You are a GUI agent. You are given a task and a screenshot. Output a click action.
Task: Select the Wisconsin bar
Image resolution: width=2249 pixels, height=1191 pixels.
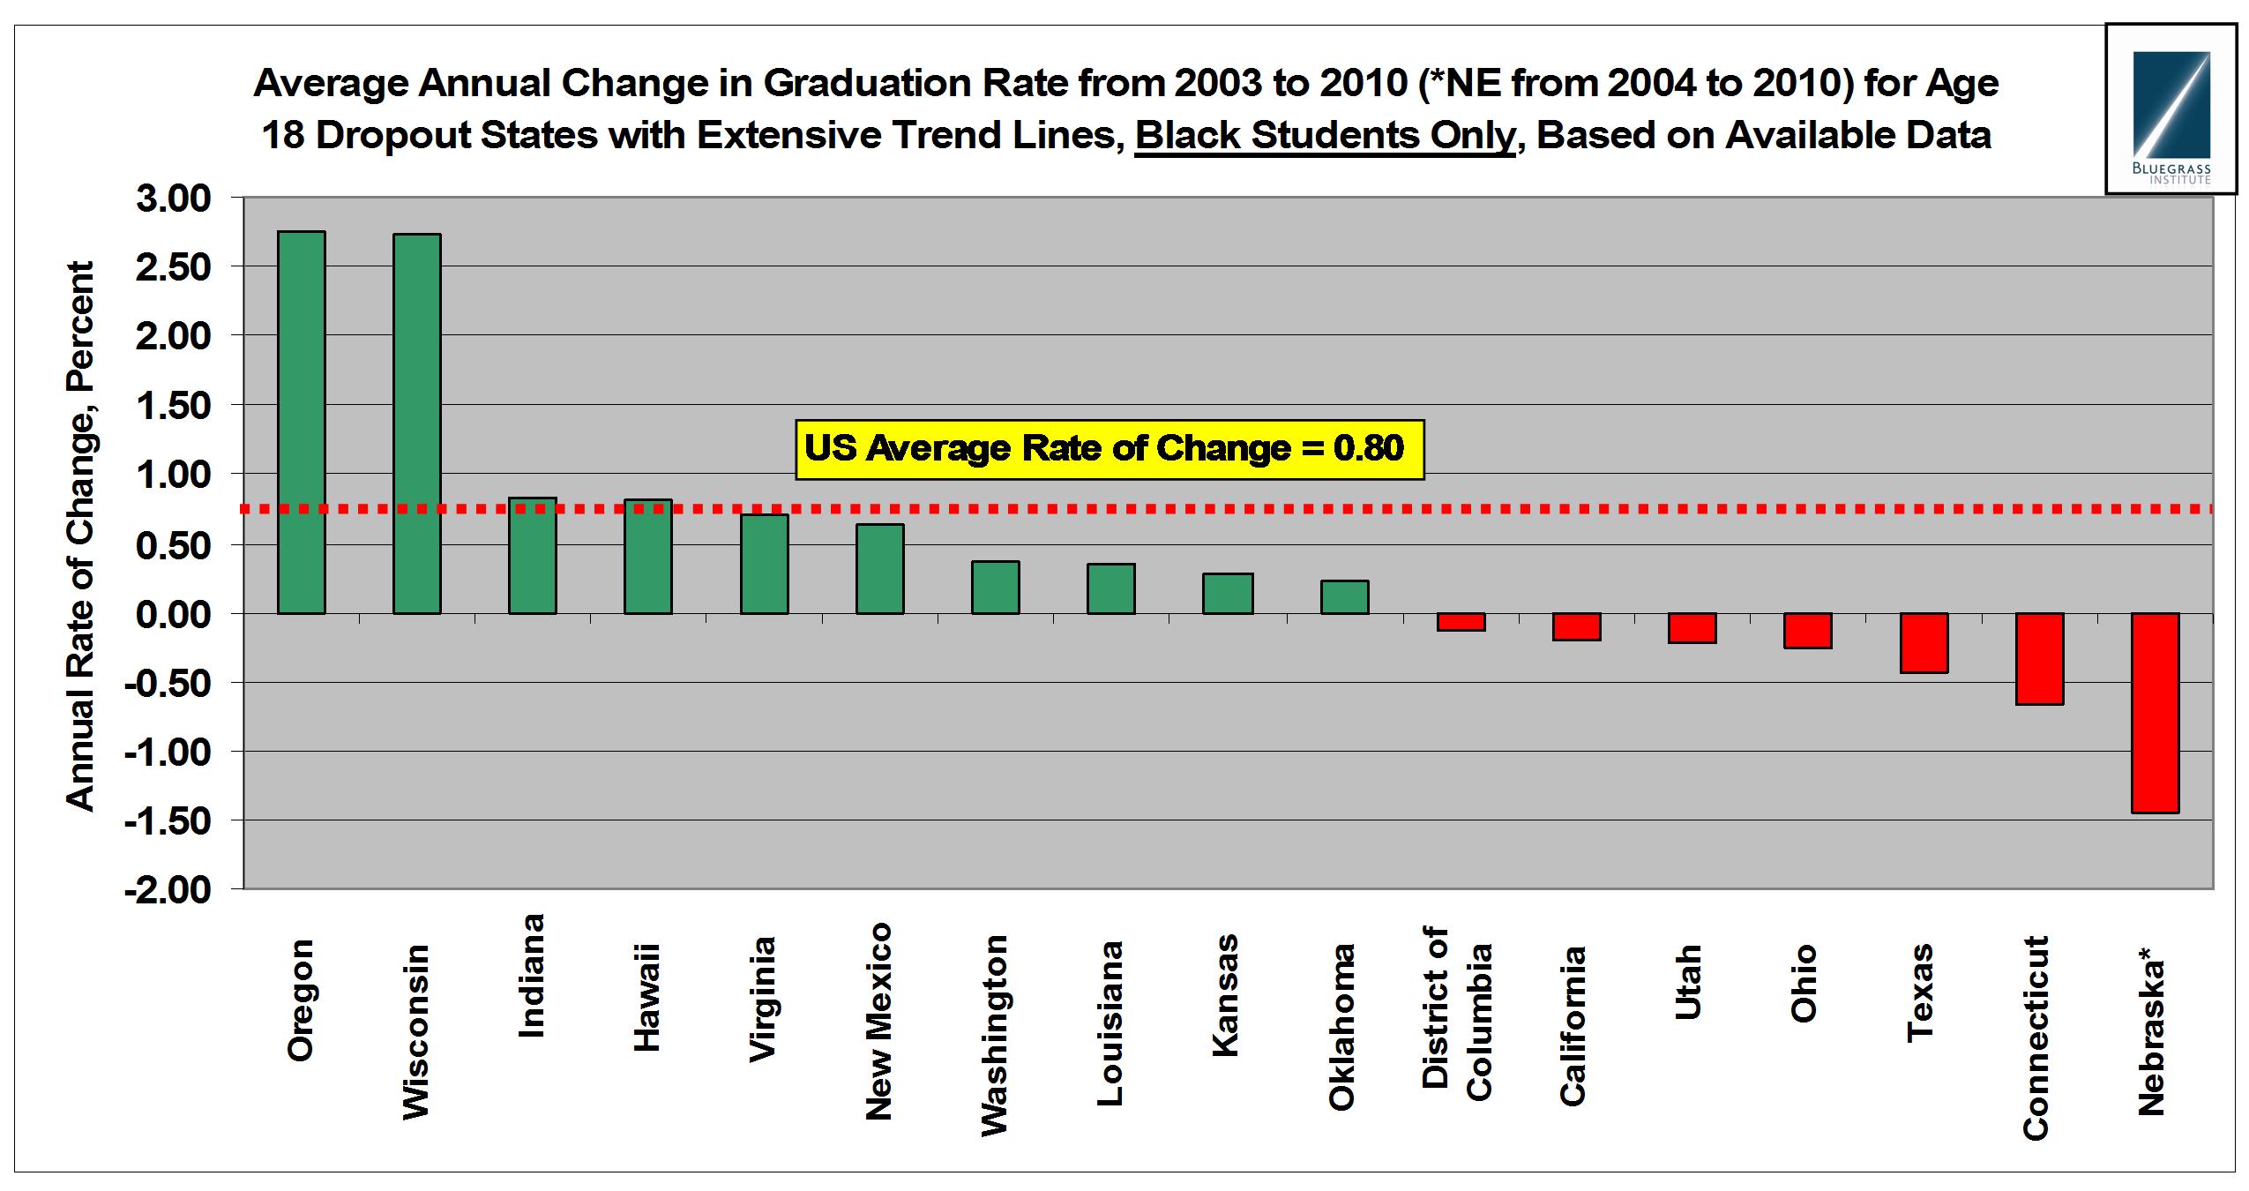416,423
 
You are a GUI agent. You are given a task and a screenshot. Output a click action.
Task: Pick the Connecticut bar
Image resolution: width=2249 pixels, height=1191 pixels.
2039,658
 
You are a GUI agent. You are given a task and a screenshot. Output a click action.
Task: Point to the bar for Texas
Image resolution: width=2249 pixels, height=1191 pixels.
1924,642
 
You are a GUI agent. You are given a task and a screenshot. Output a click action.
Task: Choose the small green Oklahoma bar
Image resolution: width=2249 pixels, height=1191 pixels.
1344,596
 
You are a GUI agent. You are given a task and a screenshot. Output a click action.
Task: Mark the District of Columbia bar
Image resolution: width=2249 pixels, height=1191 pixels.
1461,622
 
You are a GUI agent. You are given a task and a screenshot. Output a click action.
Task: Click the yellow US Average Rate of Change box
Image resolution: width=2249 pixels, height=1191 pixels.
1109,449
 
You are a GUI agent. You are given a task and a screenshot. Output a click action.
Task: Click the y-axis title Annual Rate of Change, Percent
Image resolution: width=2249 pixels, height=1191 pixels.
80,536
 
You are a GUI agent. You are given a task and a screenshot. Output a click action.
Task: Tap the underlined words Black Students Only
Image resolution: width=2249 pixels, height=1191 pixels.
1324,135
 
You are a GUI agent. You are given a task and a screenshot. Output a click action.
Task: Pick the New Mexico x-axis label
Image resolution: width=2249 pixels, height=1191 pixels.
878,1022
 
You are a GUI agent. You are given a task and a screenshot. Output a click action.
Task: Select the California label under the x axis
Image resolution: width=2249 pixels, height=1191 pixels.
1573,1025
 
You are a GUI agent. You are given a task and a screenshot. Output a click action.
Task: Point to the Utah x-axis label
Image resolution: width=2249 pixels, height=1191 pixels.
1687,982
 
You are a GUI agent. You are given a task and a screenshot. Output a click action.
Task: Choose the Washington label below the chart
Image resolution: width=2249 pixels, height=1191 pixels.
994,1036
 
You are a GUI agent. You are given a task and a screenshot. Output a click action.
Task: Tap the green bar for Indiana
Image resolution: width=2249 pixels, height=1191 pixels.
532,556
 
